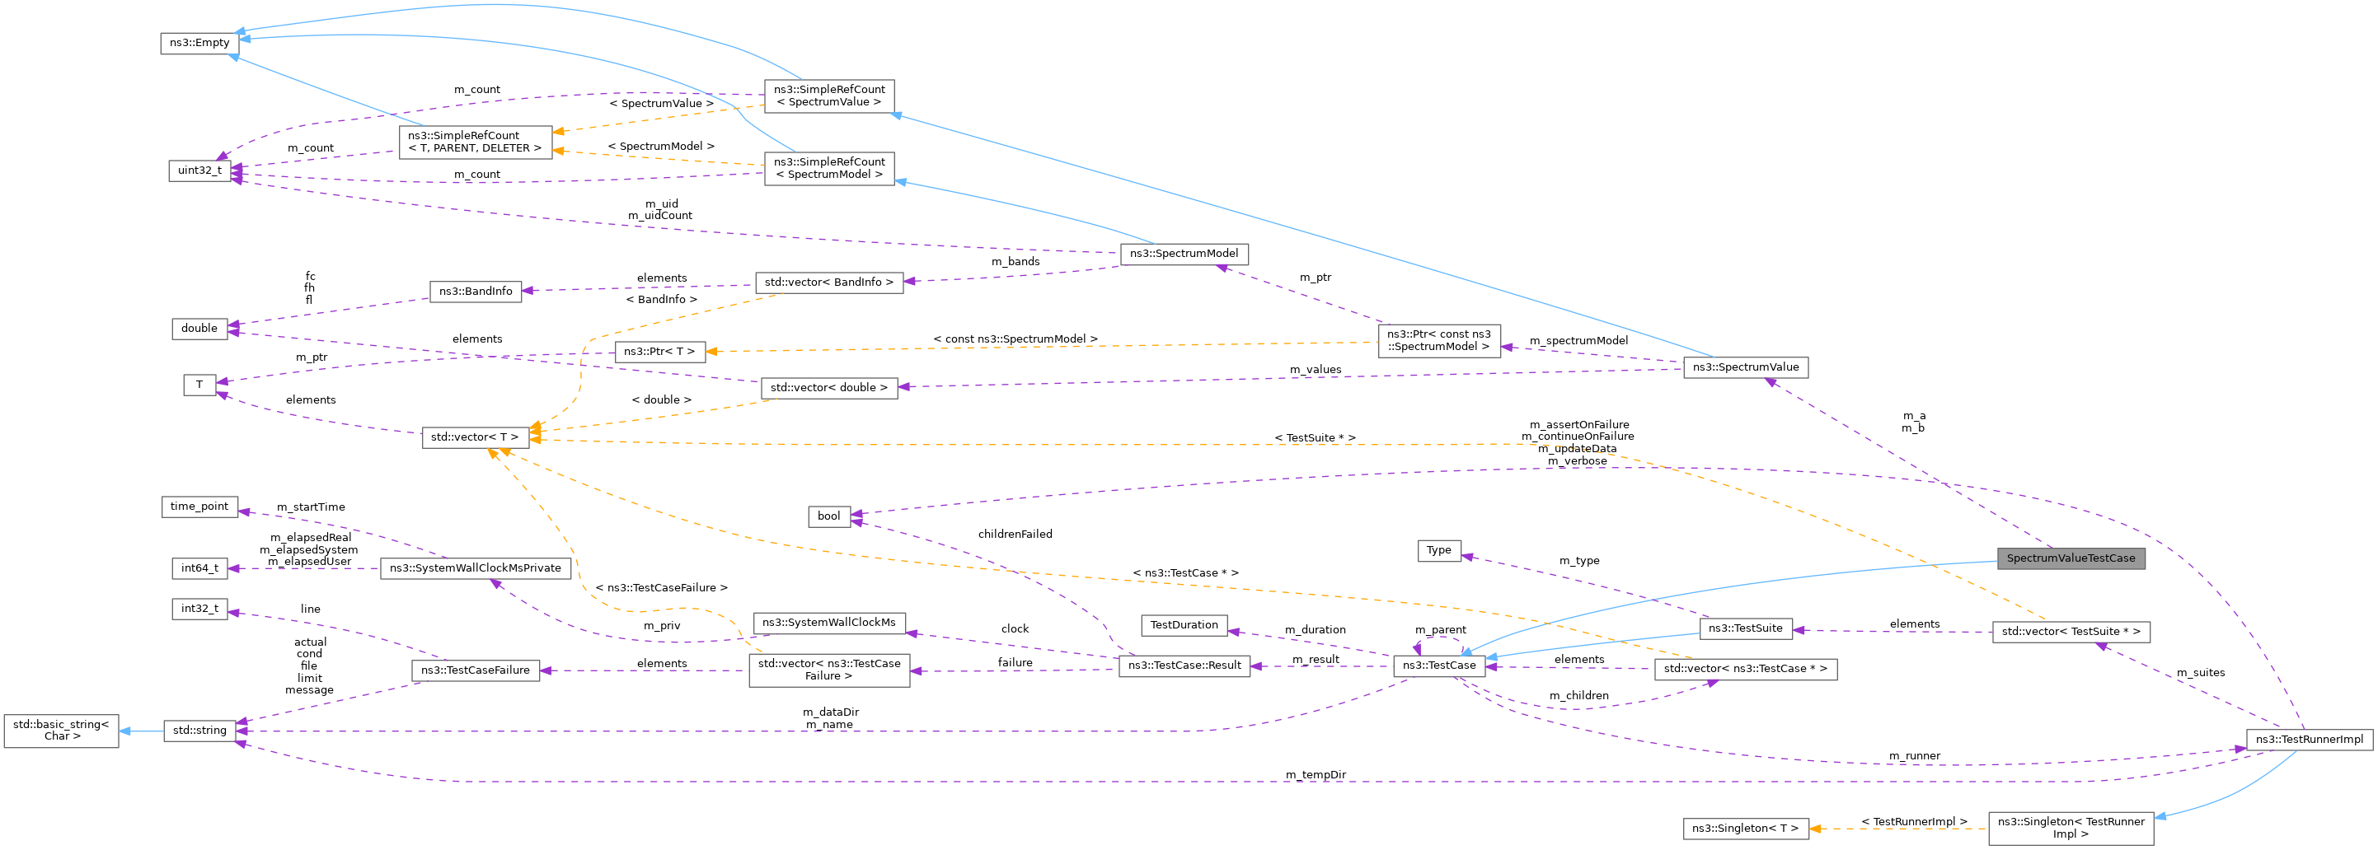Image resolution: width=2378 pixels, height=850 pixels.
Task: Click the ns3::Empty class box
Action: [199, 44]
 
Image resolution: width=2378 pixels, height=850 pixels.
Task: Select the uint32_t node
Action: [199, 170]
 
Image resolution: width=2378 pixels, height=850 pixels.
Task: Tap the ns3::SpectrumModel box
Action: [1184, 254]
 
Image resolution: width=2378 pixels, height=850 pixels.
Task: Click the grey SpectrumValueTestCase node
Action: [2070, 558]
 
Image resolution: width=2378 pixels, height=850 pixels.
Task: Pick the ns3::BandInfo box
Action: [476, 292]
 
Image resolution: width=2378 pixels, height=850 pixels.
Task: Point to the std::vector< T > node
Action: [475, 437]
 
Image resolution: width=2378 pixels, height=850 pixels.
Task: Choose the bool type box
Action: [828, 516]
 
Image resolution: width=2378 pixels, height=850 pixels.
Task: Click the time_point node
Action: [199, 507]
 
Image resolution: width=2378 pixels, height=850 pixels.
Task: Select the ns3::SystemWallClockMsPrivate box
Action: [475, 568]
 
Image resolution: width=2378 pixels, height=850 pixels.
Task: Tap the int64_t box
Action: [199, 568]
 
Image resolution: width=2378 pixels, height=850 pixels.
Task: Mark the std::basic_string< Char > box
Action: [61, 730]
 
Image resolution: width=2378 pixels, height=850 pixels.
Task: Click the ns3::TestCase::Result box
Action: [1184, 666]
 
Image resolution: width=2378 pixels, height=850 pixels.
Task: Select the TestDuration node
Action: [1184, 626]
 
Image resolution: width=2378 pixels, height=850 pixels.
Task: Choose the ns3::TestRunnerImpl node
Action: [2309, 740]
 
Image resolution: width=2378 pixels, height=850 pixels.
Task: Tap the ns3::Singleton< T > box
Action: [1745, 829]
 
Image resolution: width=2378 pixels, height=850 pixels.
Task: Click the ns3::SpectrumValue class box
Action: [1745, 367]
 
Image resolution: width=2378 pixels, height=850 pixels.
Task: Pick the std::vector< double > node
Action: [828, 389]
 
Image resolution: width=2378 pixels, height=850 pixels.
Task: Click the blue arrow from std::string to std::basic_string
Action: [140, 731]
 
